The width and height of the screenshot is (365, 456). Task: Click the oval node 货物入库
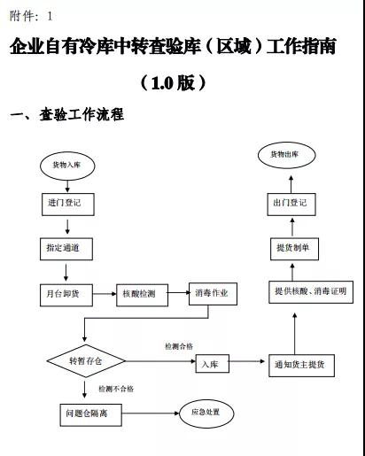[66, 164]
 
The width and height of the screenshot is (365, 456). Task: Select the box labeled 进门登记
[65, 203]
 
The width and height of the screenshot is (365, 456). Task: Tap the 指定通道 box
[66, 249]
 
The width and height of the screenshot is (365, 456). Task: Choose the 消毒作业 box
[213, 294]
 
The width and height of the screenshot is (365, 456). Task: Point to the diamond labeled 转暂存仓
[85, 362]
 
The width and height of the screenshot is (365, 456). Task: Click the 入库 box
[210, 363]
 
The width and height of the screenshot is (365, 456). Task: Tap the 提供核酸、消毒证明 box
[310, 291]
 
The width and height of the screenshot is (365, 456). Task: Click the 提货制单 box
[292, 248]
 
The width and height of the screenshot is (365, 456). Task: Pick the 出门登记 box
[291, 202]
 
